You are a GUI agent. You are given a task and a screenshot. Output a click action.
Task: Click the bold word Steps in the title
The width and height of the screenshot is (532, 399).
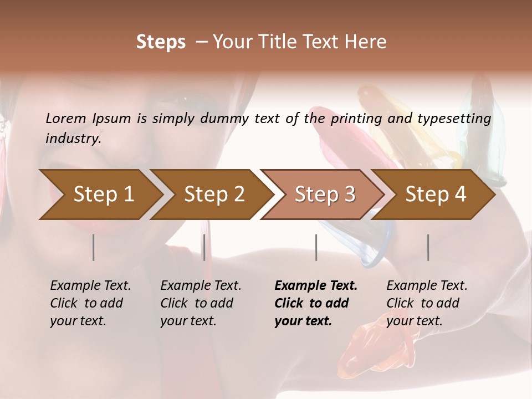point(161,42)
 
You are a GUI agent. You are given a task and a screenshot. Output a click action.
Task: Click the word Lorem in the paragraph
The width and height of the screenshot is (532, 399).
point(65,118)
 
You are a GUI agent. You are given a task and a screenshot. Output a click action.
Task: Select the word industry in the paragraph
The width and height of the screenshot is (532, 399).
point(73,138)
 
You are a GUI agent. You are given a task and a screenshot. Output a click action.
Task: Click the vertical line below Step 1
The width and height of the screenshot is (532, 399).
point(93,247)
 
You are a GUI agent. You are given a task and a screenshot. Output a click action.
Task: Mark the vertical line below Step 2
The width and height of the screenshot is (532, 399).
point(204,247)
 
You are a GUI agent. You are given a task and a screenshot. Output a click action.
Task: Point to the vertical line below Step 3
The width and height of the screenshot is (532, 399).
point(316,247)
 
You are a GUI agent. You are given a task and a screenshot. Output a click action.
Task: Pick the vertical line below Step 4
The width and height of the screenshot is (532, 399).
point(428,247)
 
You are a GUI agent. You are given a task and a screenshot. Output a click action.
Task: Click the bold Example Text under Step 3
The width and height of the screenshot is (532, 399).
point(316,285)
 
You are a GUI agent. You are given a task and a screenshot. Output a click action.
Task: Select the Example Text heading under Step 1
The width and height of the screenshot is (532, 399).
point(90,285)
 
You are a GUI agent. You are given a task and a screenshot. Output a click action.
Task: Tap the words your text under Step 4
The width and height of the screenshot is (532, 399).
point(414,321)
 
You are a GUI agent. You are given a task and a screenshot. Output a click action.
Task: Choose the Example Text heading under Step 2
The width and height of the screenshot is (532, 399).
point(201,285)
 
